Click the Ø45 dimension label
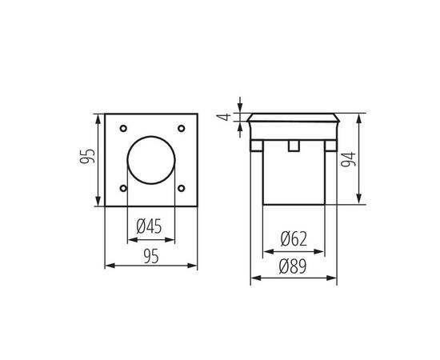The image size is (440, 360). pyautogui.click(x=150, y=227)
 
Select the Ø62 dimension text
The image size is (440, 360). pyautogui.click(x=294, y=238)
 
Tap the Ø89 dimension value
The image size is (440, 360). pyautogui.click(x=294, y=266)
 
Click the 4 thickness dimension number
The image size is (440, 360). pyautogui.click(x=227, y=117)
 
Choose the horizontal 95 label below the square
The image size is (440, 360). pyautogui.click(x=150, y=255)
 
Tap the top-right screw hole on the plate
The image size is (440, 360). pyautogui.click(x=182, y=128)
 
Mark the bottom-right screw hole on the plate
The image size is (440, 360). pyautogui.click(x=182, y=188)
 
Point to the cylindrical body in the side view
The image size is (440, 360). pyautogui.click(x=294, y=180)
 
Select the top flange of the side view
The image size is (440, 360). pyautogui.click(x=294, y=128)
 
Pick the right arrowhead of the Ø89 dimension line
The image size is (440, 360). pyautogui.click(x=334, y=279)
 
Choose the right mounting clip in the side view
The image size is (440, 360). pyautogui.click(x=330, y=146)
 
